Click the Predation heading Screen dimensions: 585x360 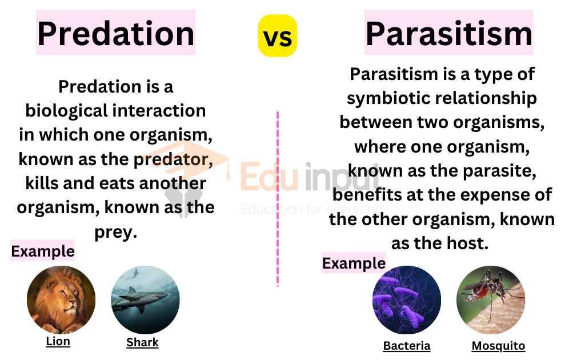tap(115, 34)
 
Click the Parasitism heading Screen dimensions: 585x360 tap(449, 34)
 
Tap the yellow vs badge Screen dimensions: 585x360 tap(278, 36)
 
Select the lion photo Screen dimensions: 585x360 tap(61, 299)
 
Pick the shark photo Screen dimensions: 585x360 tap(146, 299)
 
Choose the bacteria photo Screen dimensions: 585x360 tap(407, 299)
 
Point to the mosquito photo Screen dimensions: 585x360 tap(491, 299)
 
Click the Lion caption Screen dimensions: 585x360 tap(58, 341)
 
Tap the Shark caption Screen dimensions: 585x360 tap(142, 342)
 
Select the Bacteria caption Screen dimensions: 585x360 tap(407, 346)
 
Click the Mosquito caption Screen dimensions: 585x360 tap(498, 346)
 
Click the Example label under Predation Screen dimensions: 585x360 tap(42, 251)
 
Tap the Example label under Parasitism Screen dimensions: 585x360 tap(354, 263)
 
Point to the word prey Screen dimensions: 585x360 tap(115, 232)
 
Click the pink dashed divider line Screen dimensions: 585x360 tap(278, 198)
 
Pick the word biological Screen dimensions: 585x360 tap(66, 111)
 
